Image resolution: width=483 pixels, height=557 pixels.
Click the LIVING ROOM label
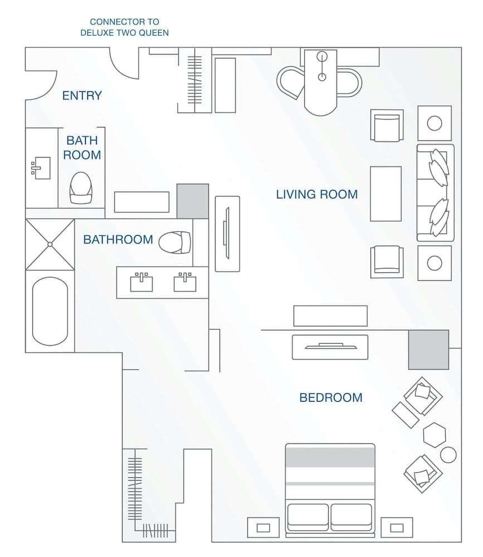click(316, 194)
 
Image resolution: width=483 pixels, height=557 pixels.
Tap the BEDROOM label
click(331, 398)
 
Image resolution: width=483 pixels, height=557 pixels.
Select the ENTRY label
click(82, 96)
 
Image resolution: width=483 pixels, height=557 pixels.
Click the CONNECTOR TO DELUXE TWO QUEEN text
click(124, 27)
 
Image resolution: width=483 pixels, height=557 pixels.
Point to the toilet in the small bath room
click(80, 187)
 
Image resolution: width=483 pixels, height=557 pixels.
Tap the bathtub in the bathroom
click(50, 311)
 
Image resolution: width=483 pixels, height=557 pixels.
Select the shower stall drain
click(50, 244)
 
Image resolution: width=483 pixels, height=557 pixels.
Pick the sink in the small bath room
click(41, 168)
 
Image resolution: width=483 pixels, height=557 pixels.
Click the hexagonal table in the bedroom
click(435, 434)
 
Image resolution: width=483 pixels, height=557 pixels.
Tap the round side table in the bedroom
click(448, 455)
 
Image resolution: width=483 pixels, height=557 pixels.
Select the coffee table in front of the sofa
click(386, 194)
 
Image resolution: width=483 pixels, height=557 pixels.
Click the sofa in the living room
click(436, 193)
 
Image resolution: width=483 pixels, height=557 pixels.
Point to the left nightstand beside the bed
click(263, 527)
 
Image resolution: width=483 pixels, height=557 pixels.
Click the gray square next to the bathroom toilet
click(193, 201)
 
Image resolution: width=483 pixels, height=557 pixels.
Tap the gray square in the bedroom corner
click(428, 349)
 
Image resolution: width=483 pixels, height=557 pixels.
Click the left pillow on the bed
click(308, 516)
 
